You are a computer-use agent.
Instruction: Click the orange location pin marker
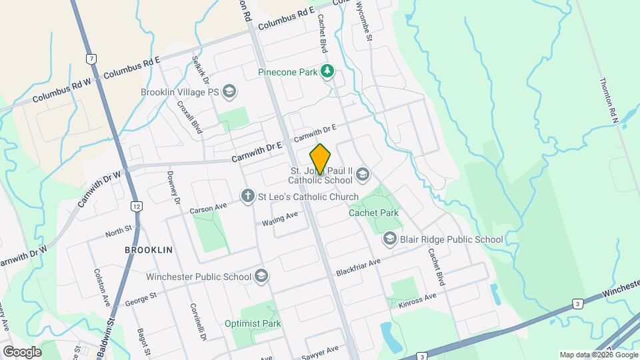pyautogui.click(x=320, y=159)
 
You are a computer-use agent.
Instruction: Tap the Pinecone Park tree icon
pyautogui.click(x=327, y=70)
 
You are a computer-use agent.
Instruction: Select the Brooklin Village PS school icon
pyautogui.click(x=229, y=91)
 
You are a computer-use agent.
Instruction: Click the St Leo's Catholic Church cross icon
pyautogui.click(x=247, y=196)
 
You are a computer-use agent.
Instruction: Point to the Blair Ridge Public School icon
pyautogui.click(x=389, y=239)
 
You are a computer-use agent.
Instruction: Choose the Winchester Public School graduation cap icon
pyautogui.click(x=261, y=276)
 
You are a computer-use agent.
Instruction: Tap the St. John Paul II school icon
pyautogui.click(x=363, y=175)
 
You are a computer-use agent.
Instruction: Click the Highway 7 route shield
pyautogui.click(x=90, y=59)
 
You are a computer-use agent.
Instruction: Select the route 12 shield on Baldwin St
pyautogui.click(x=136, y=207)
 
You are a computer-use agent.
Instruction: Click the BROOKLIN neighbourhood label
pyautogui.click(x=149, y=249)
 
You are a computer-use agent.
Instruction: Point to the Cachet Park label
pyautogui.click(x=373, y=213)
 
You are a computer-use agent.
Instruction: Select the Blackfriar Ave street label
pyautogui.click(x=358, y=267)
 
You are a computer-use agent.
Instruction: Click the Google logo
pyautogui.click(x=22, y=351)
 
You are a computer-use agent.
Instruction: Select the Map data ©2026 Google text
pyautogui.click(x=598, y=355)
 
